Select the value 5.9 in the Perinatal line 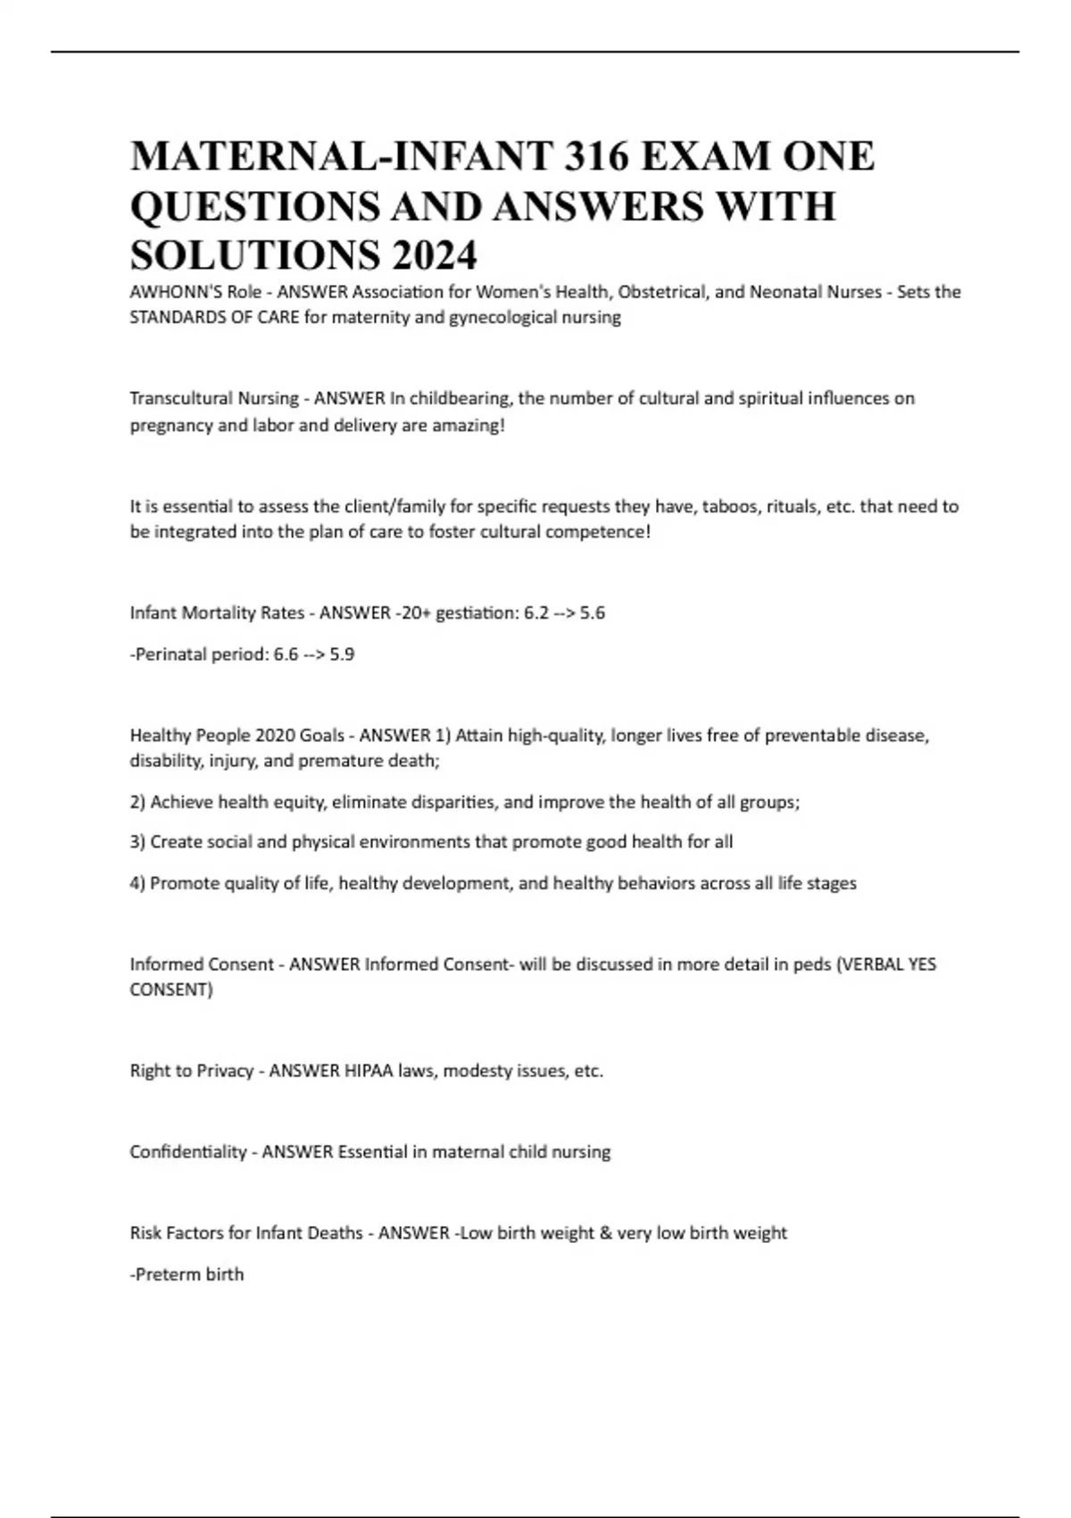[342, 655]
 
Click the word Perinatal [170, 655]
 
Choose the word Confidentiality [187, 1152]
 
